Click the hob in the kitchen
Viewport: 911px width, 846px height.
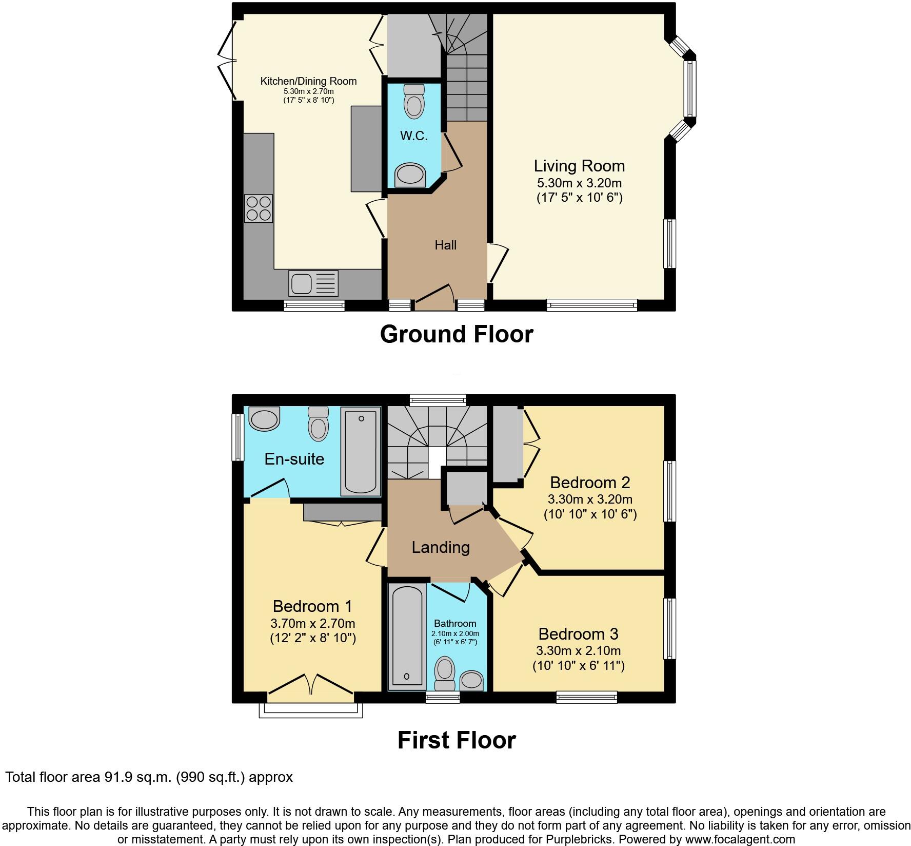(x=259, y=208)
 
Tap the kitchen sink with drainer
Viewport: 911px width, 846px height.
(x=313, y=283)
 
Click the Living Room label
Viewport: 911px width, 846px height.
(x=579, y=166)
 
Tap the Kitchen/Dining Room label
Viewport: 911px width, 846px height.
(x=308, y=81)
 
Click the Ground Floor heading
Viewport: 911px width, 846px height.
(x=456, y=334)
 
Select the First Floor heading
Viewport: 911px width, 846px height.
(x=456, y=740)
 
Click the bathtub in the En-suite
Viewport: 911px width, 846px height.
(x=361, y=451)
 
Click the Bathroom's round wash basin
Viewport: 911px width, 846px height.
(x=471, y=681)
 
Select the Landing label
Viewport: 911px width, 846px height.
(x=441, y=547)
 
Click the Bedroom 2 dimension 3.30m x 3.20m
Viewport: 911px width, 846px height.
(x=590, y=499)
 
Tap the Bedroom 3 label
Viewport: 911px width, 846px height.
(x=578, y=633)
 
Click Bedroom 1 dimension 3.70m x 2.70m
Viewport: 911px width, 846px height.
(x=312, y=624)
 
